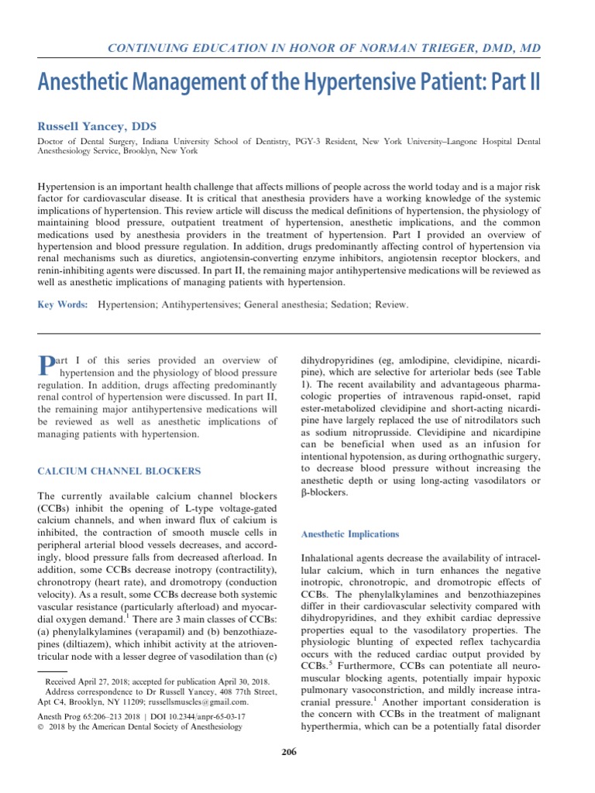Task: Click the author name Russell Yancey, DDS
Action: coord(98,125)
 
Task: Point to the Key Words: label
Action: coord(63,305)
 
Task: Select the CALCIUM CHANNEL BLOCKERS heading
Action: coord(119,471)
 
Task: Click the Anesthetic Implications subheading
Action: coord(349,534)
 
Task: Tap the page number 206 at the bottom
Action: coord(288,751)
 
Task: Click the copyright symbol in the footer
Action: coord(40,727)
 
